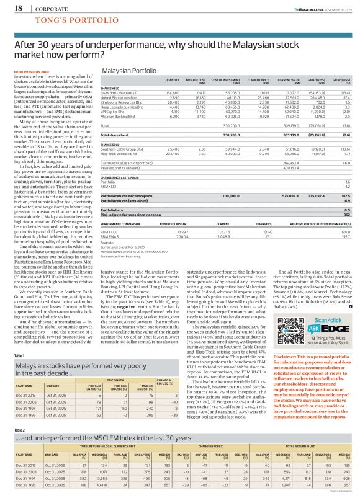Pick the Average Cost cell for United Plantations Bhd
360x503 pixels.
[x=197, y=114]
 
